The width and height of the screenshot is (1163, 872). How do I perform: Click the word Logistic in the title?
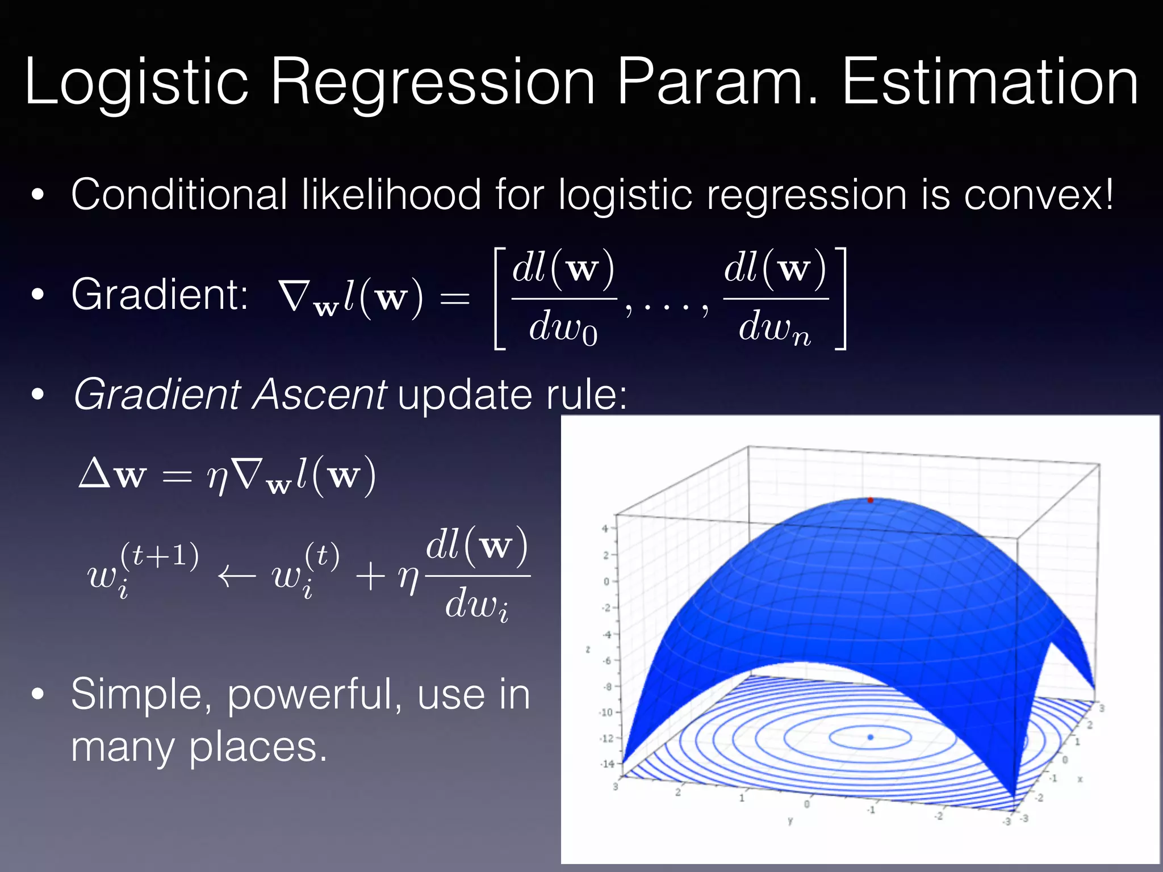click(x=136, y=82)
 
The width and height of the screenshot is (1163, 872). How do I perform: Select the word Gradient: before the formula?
click(x=160, y=295)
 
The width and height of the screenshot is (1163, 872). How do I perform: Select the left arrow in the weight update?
click(x=236, y=578)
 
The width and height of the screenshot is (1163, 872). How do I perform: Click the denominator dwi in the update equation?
click(x=476, y=605)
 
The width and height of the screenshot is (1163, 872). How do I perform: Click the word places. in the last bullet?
click(x=258, y=747)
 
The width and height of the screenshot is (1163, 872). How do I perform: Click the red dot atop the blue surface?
click(x=870, y=500)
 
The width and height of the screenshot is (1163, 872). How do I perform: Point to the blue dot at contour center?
click(x=870, y=737)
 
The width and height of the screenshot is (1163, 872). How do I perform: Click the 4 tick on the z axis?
click(x=605, y=529)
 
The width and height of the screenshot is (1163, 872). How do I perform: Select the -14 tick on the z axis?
click(x=607, y=764)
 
